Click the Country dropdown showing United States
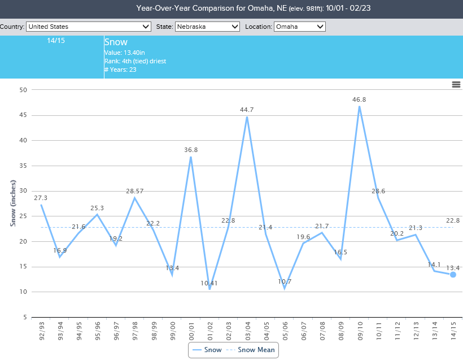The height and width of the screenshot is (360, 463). click(x=89, y=27)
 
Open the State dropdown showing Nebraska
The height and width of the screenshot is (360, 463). click(x=207, y=27)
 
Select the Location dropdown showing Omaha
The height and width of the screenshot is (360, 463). click(x=300, y=27)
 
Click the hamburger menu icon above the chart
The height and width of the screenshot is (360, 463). click(x=456, y=84)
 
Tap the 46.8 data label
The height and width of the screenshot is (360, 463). click(x=359, y=99)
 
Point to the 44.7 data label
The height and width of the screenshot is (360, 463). click(x=247, y=110)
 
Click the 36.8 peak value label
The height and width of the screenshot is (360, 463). click(x=191, y=150)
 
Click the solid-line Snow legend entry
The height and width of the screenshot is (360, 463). click(x=207, y=350)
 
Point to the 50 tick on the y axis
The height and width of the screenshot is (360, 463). click(x=23, y=90)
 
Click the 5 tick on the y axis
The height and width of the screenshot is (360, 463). click(x=25, y=317)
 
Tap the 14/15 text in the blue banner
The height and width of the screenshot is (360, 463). click(x=56, y=41)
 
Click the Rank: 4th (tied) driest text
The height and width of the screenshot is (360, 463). click(x=135, y=61)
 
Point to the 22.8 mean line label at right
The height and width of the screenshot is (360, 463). click(x=453, y=220)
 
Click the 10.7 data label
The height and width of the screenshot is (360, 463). click(x=285, y=281)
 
